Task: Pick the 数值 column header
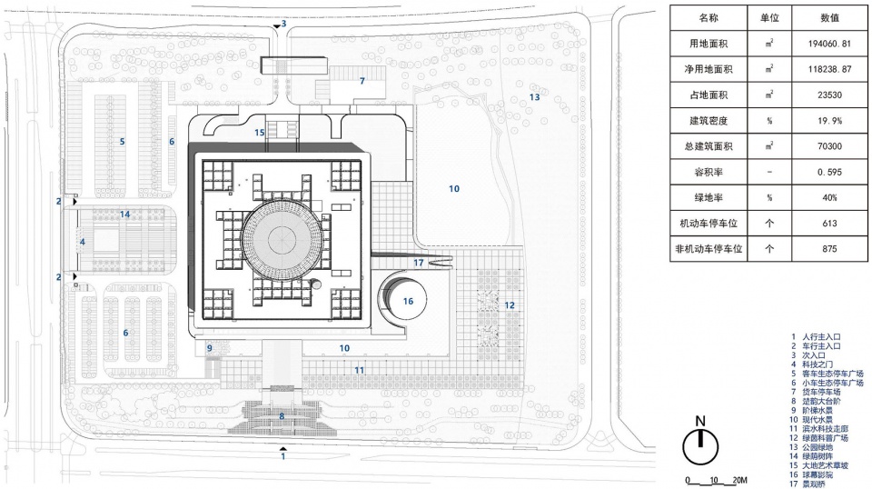coord(827,17)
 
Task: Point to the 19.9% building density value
coord(827,120)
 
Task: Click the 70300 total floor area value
coord(827,145)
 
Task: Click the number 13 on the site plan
coord(535,96)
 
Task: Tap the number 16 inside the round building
coord(408,301)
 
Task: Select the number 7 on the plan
coord(362,82)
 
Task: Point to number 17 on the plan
coord(419,263)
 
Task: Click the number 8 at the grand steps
coord(282,416)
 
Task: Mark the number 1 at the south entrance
coord(284,456)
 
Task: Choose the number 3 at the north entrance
coord(283,25)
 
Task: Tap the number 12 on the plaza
coord(510,305)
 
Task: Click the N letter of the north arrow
coord(699,421)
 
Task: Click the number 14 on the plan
coord(125,215)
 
